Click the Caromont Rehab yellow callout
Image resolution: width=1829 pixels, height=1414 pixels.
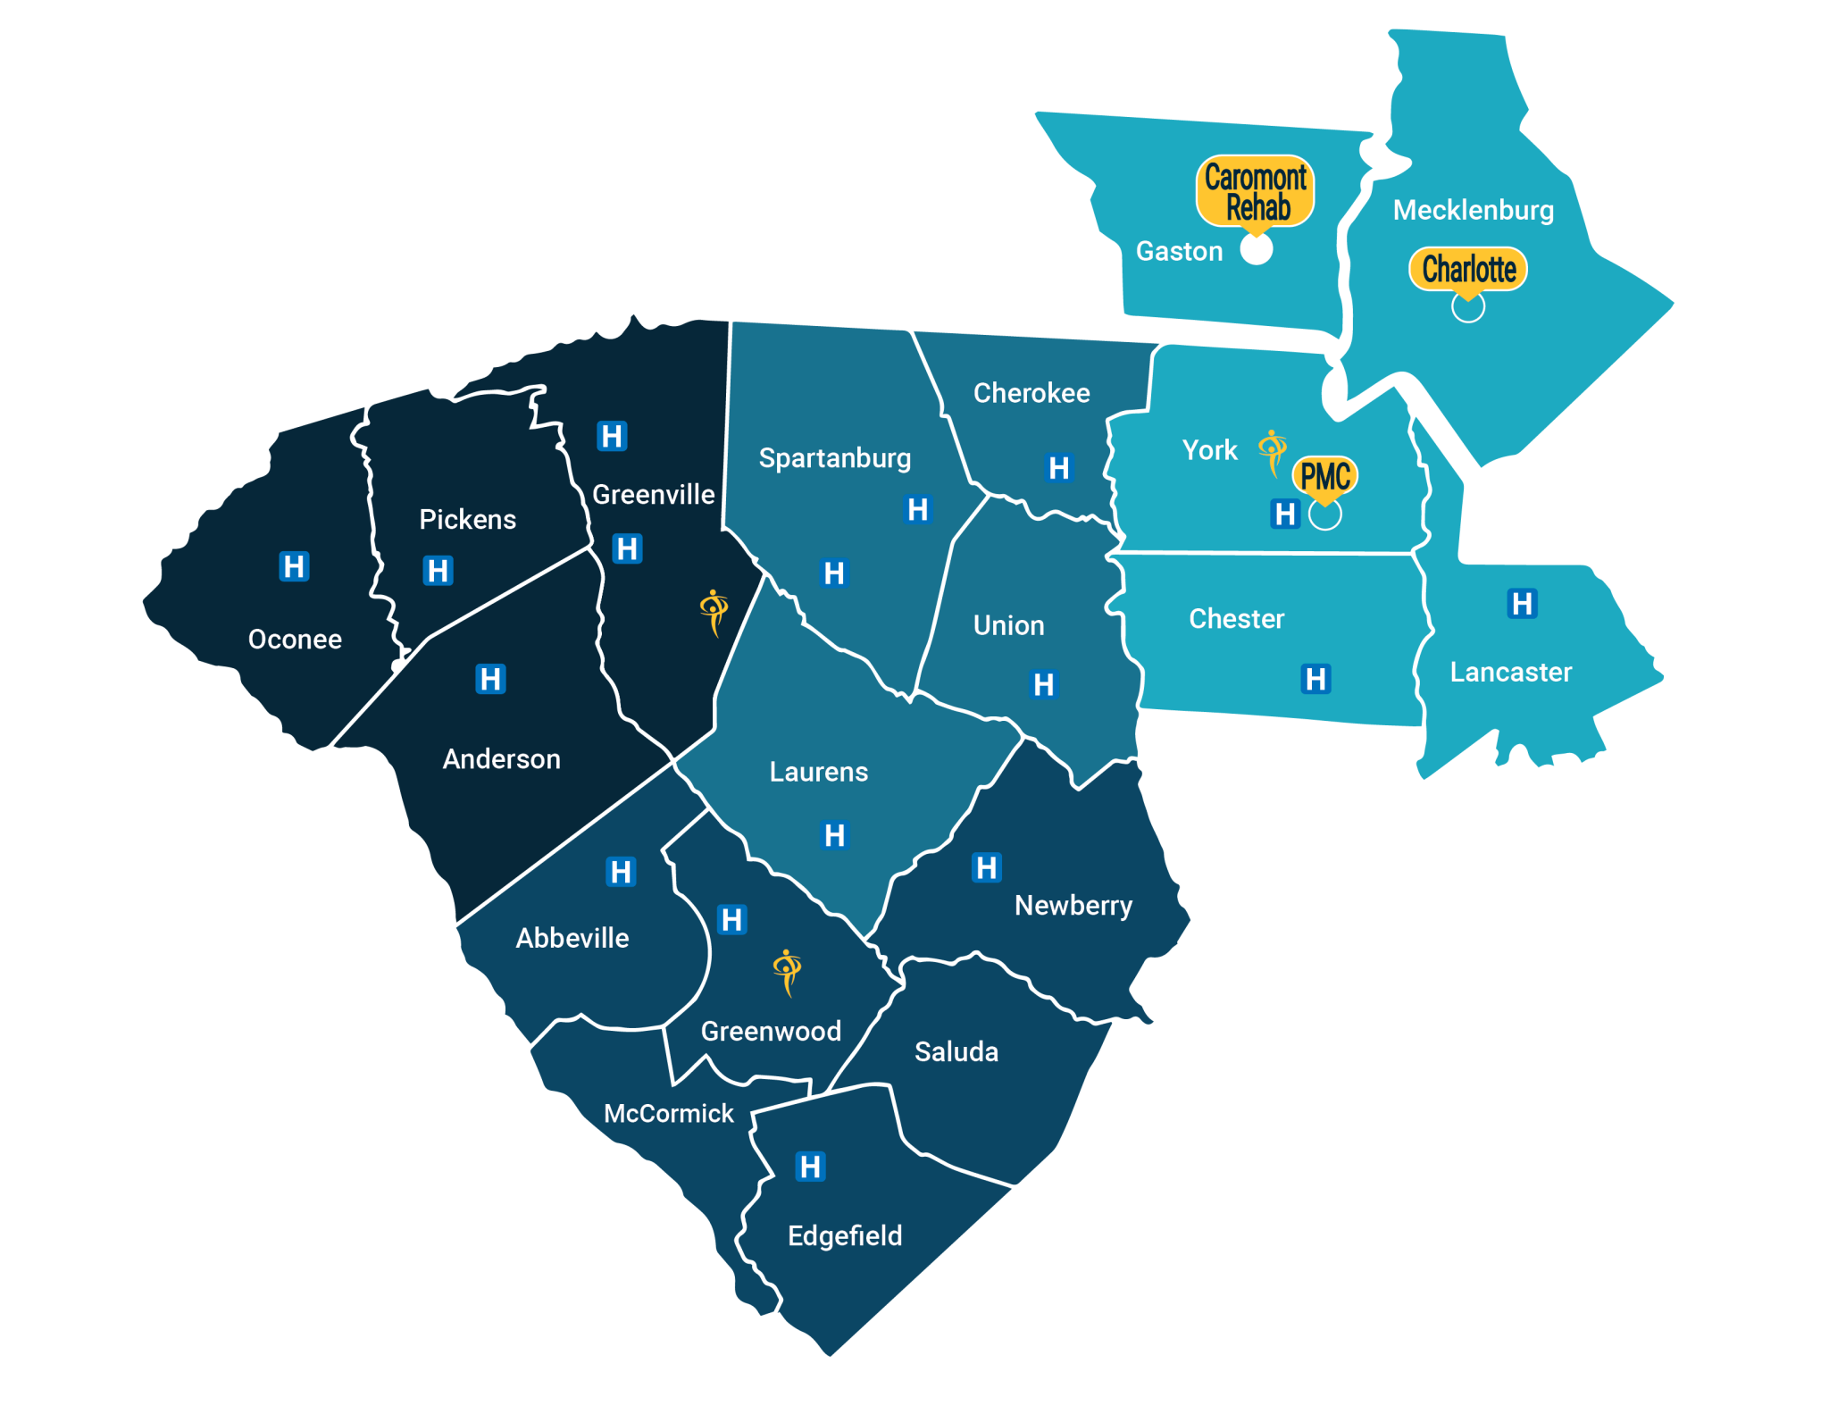point(1255,191)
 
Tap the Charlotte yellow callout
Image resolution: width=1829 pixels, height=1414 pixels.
point(1468,269)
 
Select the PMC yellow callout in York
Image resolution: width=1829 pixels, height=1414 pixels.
point(1325,476)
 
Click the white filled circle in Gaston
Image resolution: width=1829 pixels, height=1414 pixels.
point(1257,250)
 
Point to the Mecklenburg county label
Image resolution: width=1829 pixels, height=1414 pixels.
point(1473,210)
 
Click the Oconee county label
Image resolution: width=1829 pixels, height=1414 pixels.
point(295,640)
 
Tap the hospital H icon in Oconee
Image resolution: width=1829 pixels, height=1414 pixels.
point(294,566)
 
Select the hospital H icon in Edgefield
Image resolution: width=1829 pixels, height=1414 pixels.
point(810,1167)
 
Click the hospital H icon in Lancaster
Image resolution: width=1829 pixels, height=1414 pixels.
point(1522,604)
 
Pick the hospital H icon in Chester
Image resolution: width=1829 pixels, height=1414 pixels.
point(1315,679)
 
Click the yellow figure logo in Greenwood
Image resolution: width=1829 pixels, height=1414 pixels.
point(787,972)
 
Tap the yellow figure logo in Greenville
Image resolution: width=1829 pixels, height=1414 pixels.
point(714,613)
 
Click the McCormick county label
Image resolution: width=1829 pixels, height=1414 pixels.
point(668,1114)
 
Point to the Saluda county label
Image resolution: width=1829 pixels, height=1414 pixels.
point(956,1052)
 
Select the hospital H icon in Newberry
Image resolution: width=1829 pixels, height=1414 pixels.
point(987,867)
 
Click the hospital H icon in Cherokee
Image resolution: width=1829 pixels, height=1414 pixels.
point(1059,467)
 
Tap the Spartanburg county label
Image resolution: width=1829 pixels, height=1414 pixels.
point(834,458)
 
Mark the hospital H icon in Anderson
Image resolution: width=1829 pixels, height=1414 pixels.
point(490,679)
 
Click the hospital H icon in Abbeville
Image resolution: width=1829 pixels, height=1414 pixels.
point(621,871)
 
